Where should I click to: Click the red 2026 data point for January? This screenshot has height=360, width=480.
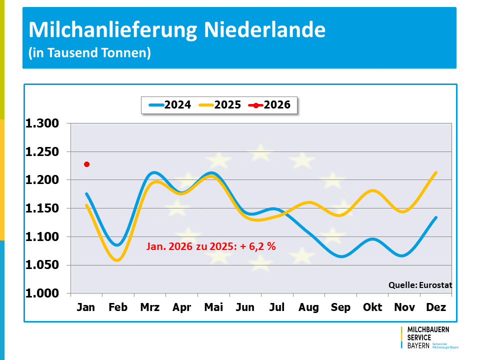point(86,164)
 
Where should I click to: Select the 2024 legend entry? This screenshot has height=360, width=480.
point(170,105)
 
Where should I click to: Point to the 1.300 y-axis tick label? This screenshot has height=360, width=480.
point(42,123)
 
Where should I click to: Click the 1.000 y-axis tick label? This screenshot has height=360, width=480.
point(42,293)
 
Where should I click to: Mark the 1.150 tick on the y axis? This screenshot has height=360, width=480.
point(42,208)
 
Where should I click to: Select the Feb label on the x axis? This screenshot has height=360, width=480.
point(118,307)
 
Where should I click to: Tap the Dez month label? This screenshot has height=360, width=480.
point(436,307)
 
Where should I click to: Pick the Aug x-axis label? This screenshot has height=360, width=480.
point(308,307)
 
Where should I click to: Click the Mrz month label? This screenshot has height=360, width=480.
point(150,307)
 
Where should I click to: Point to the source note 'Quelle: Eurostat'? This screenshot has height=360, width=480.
point(420,285)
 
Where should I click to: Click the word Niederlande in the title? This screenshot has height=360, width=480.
point(265,30)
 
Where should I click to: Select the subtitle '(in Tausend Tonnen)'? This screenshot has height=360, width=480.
point(89,52)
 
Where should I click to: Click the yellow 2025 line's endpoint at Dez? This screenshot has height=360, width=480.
point(436,173)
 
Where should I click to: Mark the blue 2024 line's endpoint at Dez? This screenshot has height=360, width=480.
point(436,217)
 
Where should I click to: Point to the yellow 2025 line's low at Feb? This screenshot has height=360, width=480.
point(117,260)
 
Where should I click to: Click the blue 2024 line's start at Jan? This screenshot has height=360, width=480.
point(86,194)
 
